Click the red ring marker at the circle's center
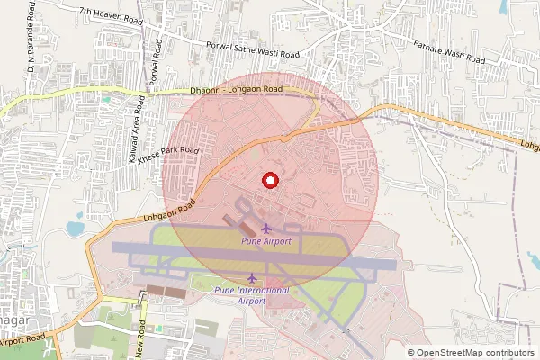coord(268,180)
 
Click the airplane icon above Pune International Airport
coord(252,277)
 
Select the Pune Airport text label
coord(265,242)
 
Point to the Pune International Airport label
coord(252,295)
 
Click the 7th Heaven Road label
coord(112,13)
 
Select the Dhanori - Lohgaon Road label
coord(237,90)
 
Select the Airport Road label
coord(22,341)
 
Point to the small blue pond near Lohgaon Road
coord(77,218)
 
